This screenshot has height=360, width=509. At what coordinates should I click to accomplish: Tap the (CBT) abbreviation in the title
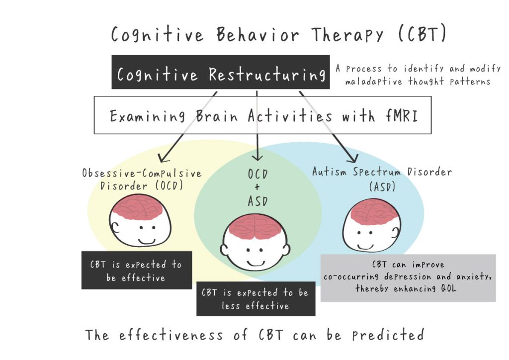click(x=423, y=34)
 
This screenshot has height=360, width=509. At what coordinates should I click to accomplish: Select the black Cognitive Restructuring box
click(x=220, y=72)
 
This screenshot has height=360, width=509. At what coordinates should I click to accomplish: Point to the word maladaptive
click(x=374, y=81)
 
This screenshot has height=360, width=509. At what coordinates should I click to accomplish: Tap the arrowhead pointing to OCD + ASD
click(x=257, y=156)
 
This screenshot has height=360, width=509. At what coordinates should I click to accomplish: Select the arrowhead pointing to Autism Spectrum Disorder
click(x=353, y=158)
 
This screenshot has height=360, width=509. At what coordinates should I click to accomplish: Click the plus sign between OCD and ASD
click(x=257, y=187)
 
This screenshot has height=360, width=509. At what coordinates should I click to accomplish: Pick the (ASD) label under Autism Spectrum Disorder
click(x=382, y=186)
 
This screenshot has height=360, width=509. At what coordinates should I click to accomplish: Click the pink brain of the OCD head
click(x=139, y=208)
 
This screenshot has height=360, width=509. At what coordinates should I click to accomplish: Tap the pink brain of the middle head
click(x=255, y=227)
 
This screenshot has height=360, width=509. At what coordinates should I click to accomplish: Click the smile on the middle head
click(x=255, y=263)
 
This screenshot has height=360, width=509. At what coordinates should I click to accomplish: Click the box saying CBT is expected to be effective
click(x=137, y=270)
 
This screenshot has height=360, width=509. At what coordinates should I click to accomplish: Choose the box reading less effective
click(x=256, y=299)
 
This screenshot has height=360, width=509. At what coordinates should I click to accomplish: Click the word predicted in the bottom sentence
click(x=388, y=335)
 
